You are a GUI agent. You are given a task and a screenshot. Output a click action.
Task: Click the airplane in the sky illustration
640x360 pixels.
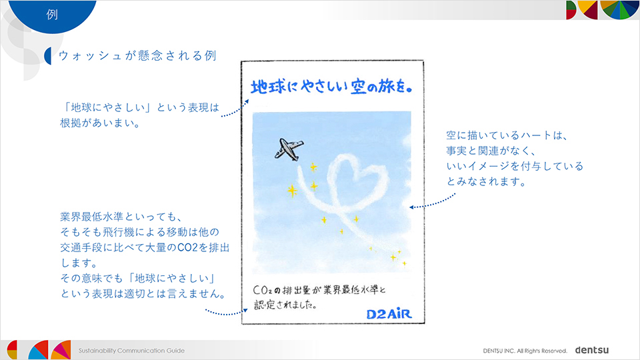[289, 149]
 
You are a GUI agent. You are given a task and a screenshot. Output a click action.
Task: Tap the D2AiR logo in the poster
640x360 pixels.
[389, 313]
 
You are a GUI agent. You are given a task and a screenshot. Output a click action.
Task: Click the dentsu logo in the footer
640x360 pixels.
[591, 350]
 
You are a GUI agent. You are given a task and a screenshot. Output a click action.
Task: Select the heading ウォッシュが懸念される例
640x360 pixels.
[137, 55]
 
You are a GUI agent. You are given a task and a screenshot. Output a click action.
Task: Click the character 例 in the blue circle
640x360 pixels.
[52, 14]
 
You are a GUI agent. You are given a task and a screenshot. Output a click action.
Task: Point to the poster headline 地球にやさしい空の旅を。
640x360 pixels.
[332, 87]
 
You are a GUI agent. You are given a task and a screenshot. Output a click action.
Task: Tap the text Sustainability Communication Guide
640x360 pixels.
[131, 351]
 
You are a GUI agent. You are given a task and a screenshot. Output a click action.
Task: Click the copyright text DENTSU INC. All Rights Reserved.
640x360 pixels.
[525, 351]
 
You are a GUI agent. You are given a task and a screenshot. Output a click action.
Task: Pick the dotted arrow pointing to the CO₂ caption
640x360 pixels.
[227, 313]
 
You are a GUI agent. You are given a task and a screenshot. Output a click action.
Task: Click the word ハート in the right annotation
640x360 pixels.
[537, 135]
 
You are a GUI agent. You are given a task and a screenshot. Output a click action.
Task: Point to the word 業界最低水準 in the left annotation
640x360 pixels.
[92, 216]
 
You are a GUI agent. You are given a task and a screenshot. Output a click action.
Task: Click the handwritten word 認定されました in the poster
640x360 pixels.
[285, 305]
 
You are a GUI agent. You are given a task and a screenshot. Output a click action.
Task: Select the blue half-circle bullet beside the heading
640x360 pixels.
[48, 56]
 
